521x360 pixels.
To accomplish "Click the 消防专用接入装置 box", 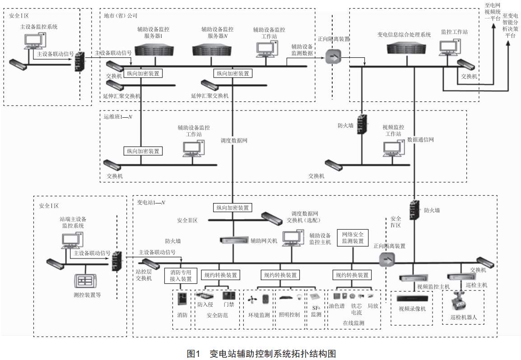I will [181, 276].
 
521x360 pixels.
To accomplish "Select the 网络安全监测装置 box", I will [353, 238].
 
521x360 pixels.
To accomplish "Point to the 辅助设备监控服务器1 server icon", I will [154, 49].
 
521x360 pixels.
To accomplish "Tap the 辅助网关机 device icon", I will [234, 240].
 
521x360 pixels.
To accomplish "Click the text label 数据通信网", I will [420, 140].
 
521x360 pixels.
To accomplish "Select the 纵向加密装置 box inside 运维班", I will [143, 151].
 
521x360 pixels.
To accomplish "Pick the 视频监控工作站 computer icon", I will [391, 148].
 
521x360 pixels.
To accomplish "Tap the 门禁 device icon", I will [228, 296].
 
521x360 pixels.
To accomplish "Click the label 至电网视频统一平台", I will [492, 12].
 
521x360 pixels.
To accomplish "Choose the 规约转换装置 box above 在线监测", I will [352, 275].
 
